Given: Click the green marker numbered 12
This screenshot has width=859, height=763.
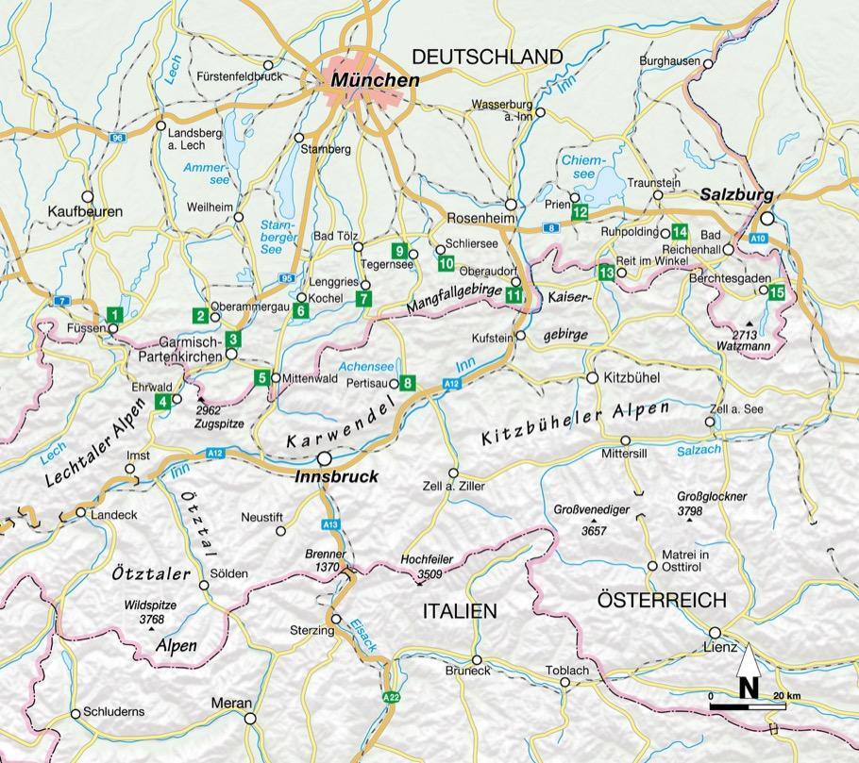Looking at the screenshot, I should pos(580,212).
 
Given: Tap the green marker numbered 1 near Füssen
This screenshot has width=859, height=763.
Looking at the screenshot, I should pos(113,315).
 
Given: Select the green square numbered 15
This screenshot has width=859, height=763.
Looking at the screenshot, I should pos(776,291).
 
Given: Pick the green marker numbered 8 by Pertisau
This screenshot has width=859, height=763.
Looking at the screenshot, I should pos(407,382).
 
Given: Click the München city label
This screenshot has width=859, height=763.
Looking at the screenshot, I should pos(375,81).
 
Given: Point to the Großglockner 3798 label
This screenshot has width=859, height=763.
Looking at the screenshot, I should pos(712,504).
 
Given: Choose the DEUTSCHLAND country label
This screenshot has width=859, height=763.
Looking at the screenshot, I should pos(488,58).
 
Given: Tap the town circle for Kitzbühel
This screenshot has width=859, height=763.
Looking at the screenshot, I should pos(592,377).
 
